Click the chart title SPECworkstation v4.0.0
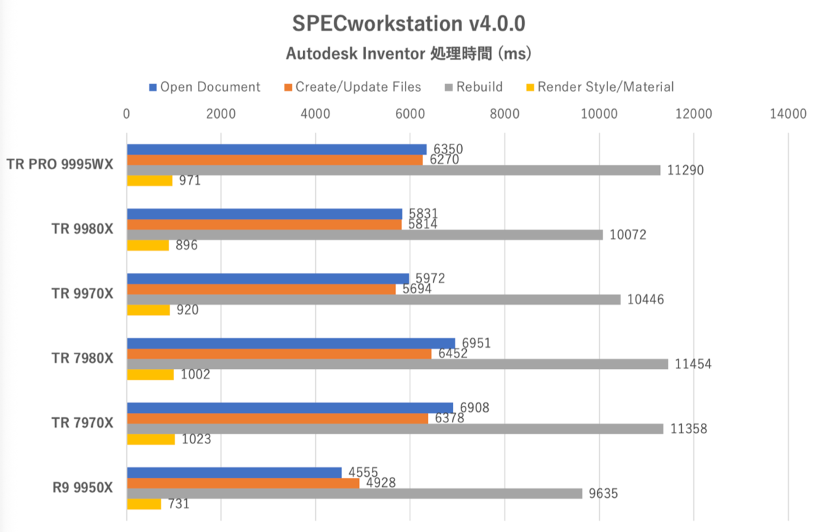click(409, 24)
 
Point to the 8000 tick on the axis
click(504, 115)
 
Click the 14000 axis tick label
click(788, 115)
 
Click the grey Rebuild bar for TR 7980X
click(397, 364)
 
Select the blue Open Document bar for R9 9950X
click(234, 473)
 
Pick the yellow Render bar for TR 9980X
click(148, 246)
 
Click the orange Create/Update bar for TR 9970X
click(261, 289)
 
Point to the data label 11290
click(685, 171)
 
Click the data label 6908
click(474, 408)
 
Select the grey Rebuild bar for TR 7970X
click(394, 429)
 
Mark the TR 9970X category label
click(83, 294)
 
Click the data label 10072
click(627, 235)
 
